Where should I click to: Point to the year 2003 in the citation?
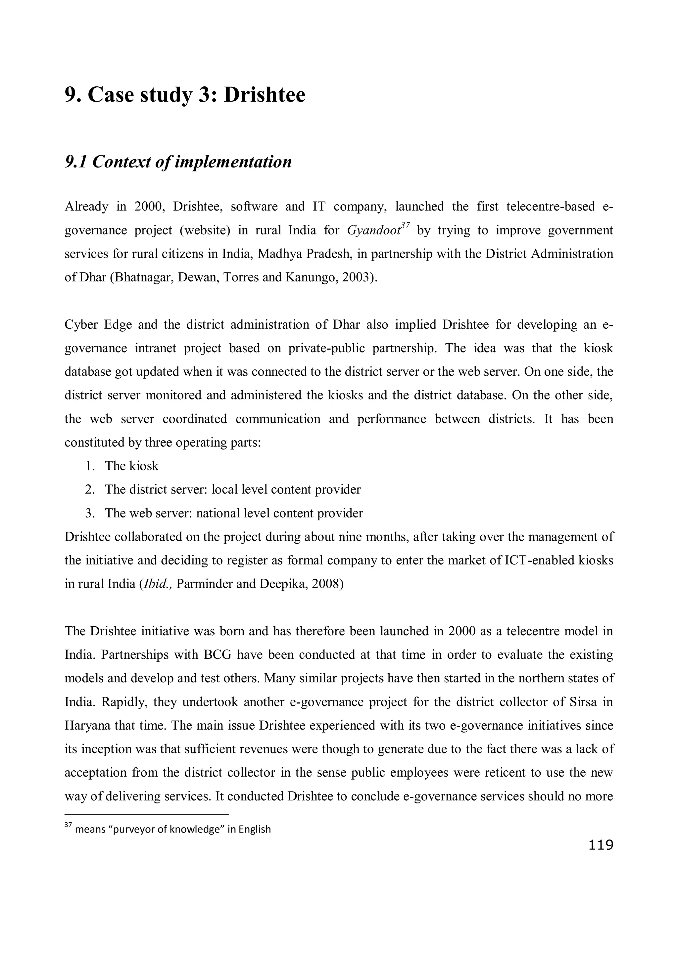(x=357, y=277)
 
